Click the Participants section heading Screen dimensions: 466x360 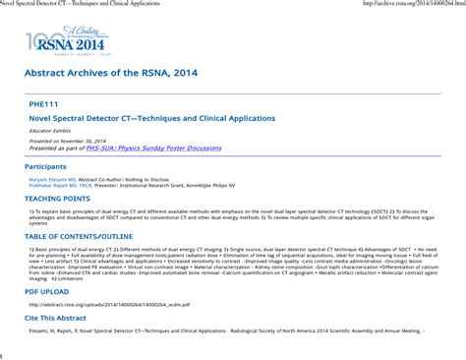[46, 167]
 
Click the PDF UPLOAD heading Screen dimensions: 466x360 [46, 292]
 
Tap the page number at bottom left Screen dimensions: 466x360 [2, 354]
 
